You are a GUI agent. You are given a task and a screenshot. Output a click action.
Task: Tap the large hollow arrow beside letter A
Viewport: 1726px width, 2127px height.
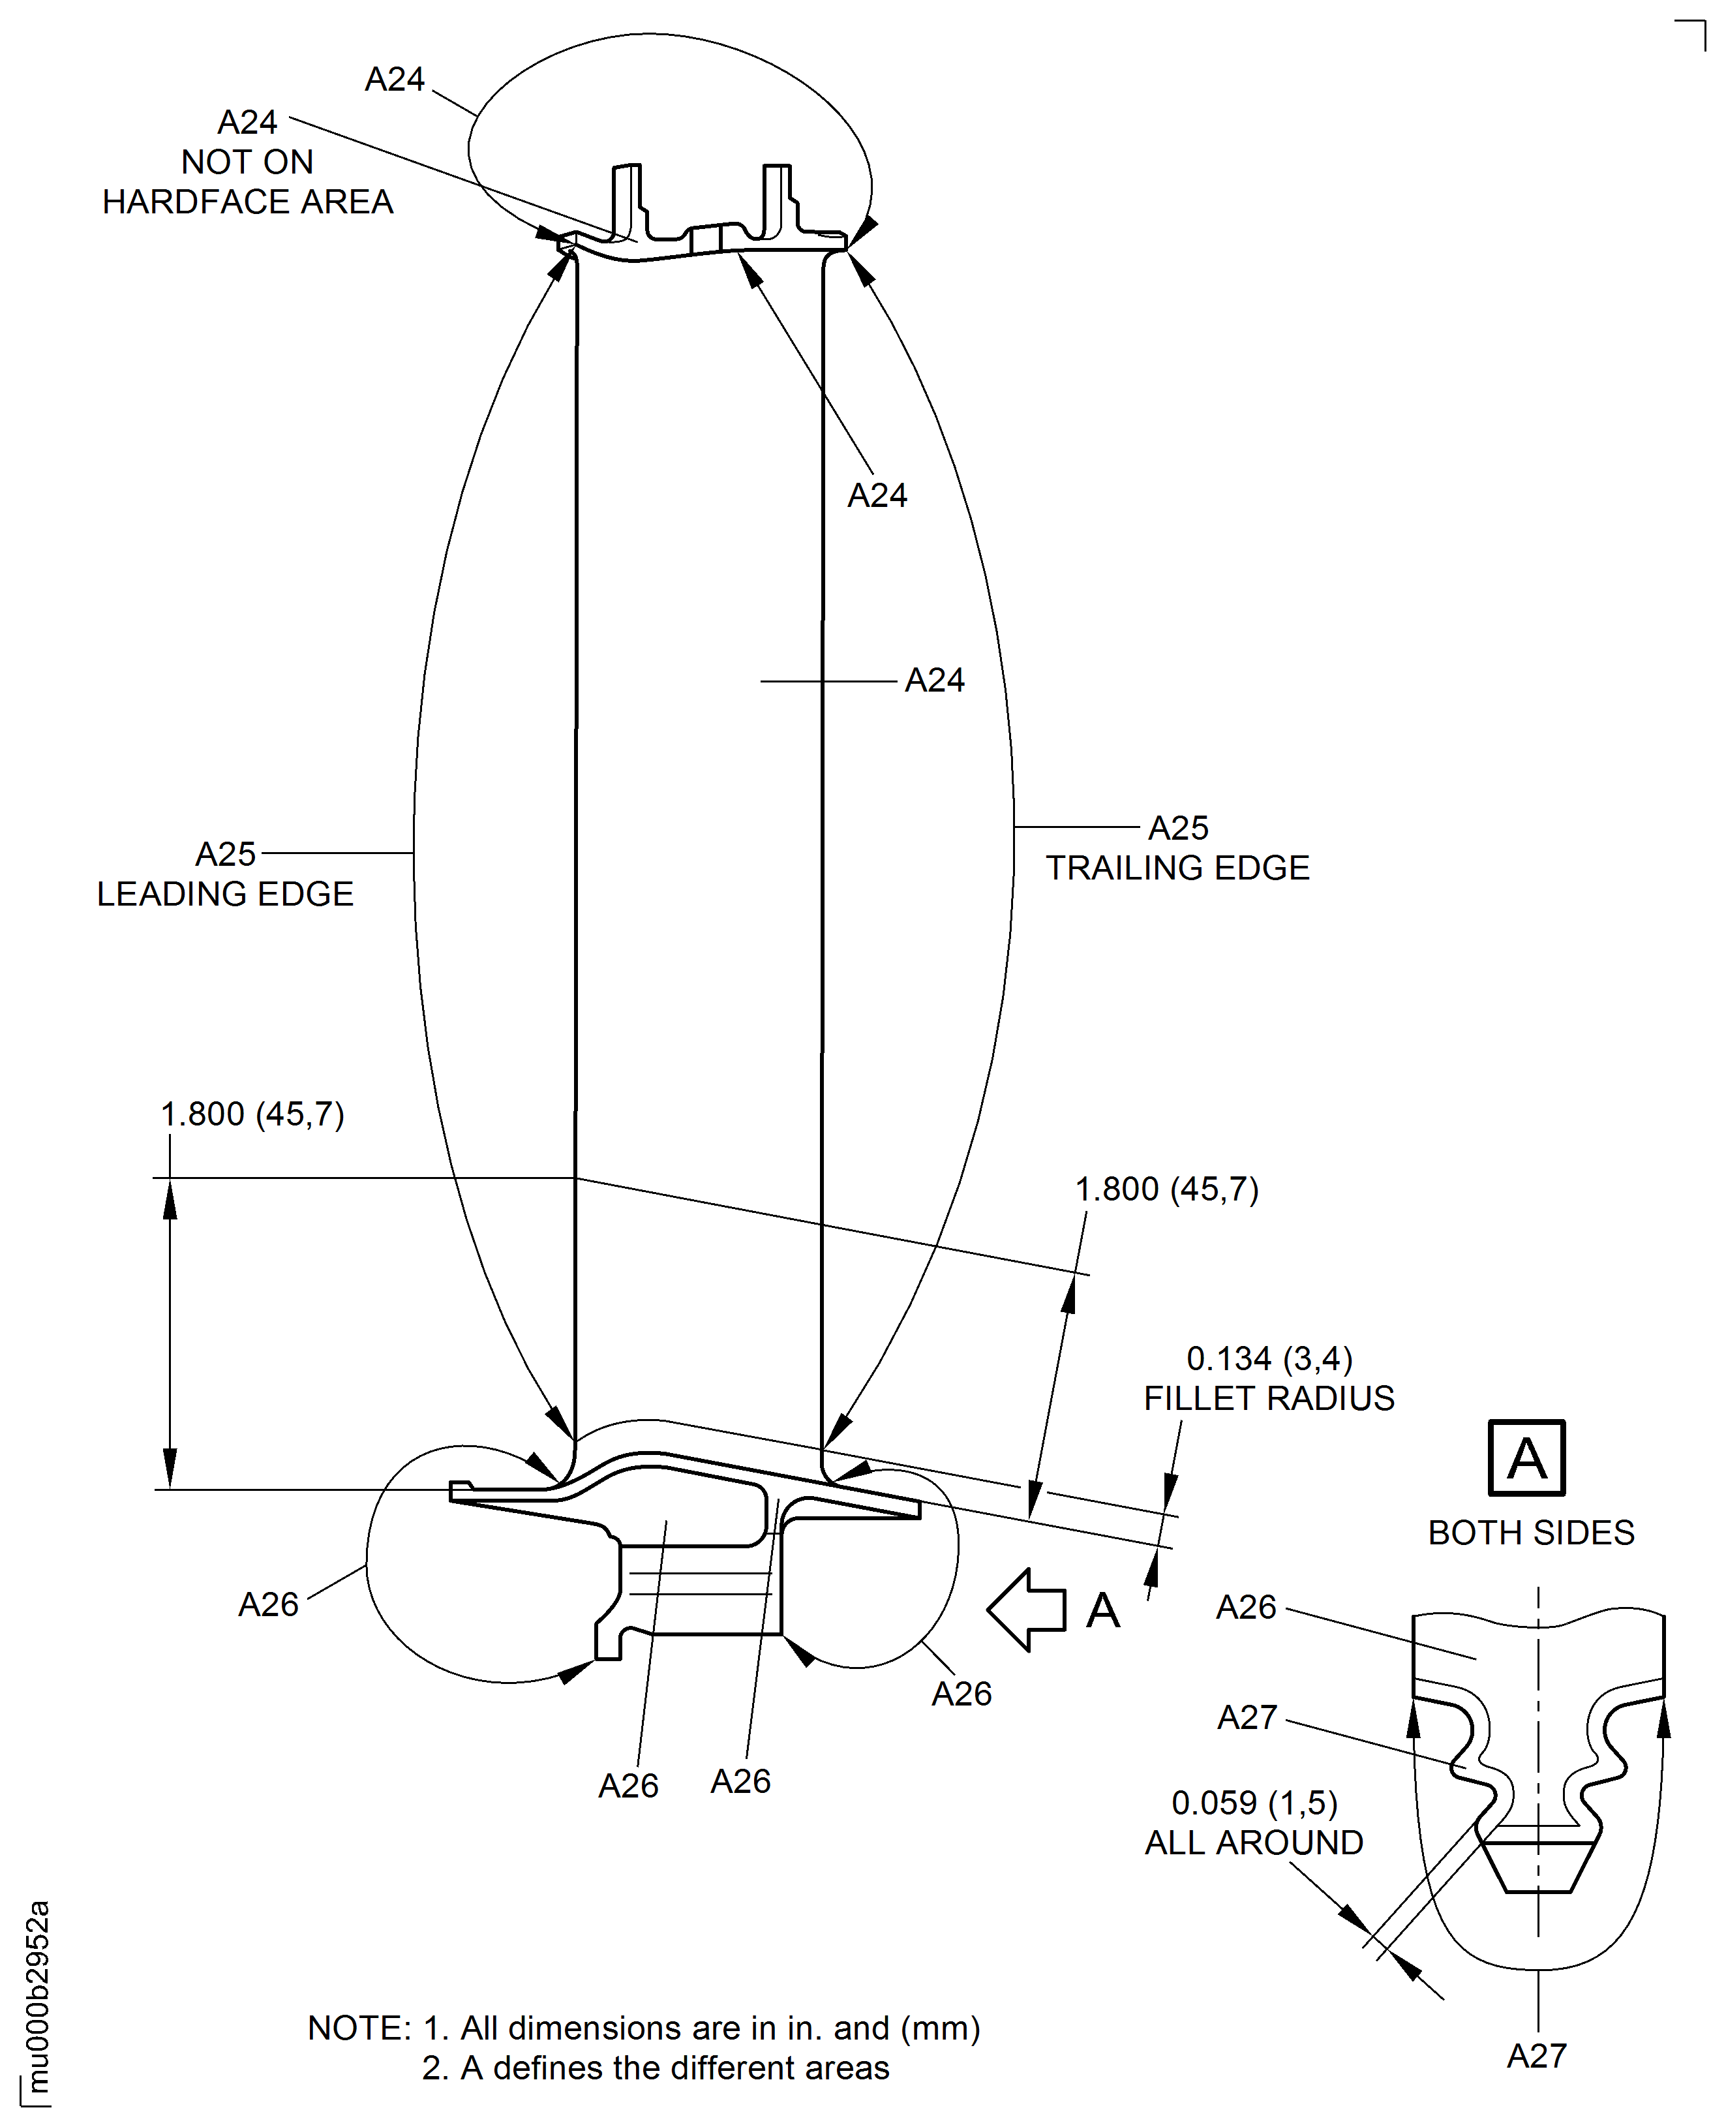1027,1609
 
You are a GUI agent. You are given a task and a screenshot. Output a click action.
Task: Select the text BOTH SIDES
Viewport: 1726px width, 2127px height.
1530,1533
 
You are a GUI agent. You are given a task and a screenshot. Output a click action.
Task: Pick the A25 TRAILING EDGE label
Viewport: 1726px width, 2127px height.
1177,848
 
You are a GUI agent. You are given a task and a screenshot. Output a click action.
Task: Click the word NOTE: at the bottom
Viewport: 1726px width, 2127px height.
359,2028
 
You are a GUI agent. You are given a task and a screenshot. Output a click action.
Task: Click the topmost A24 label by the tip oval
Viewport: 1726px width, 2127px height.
395,80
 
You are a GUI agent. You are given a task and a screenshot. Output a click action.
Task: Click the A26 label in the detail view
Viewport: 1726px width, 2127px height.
1246,1607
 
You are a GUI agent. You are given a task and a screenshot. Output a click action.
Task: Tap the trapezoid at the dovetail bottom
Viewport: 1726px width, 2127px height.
1538,1867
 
